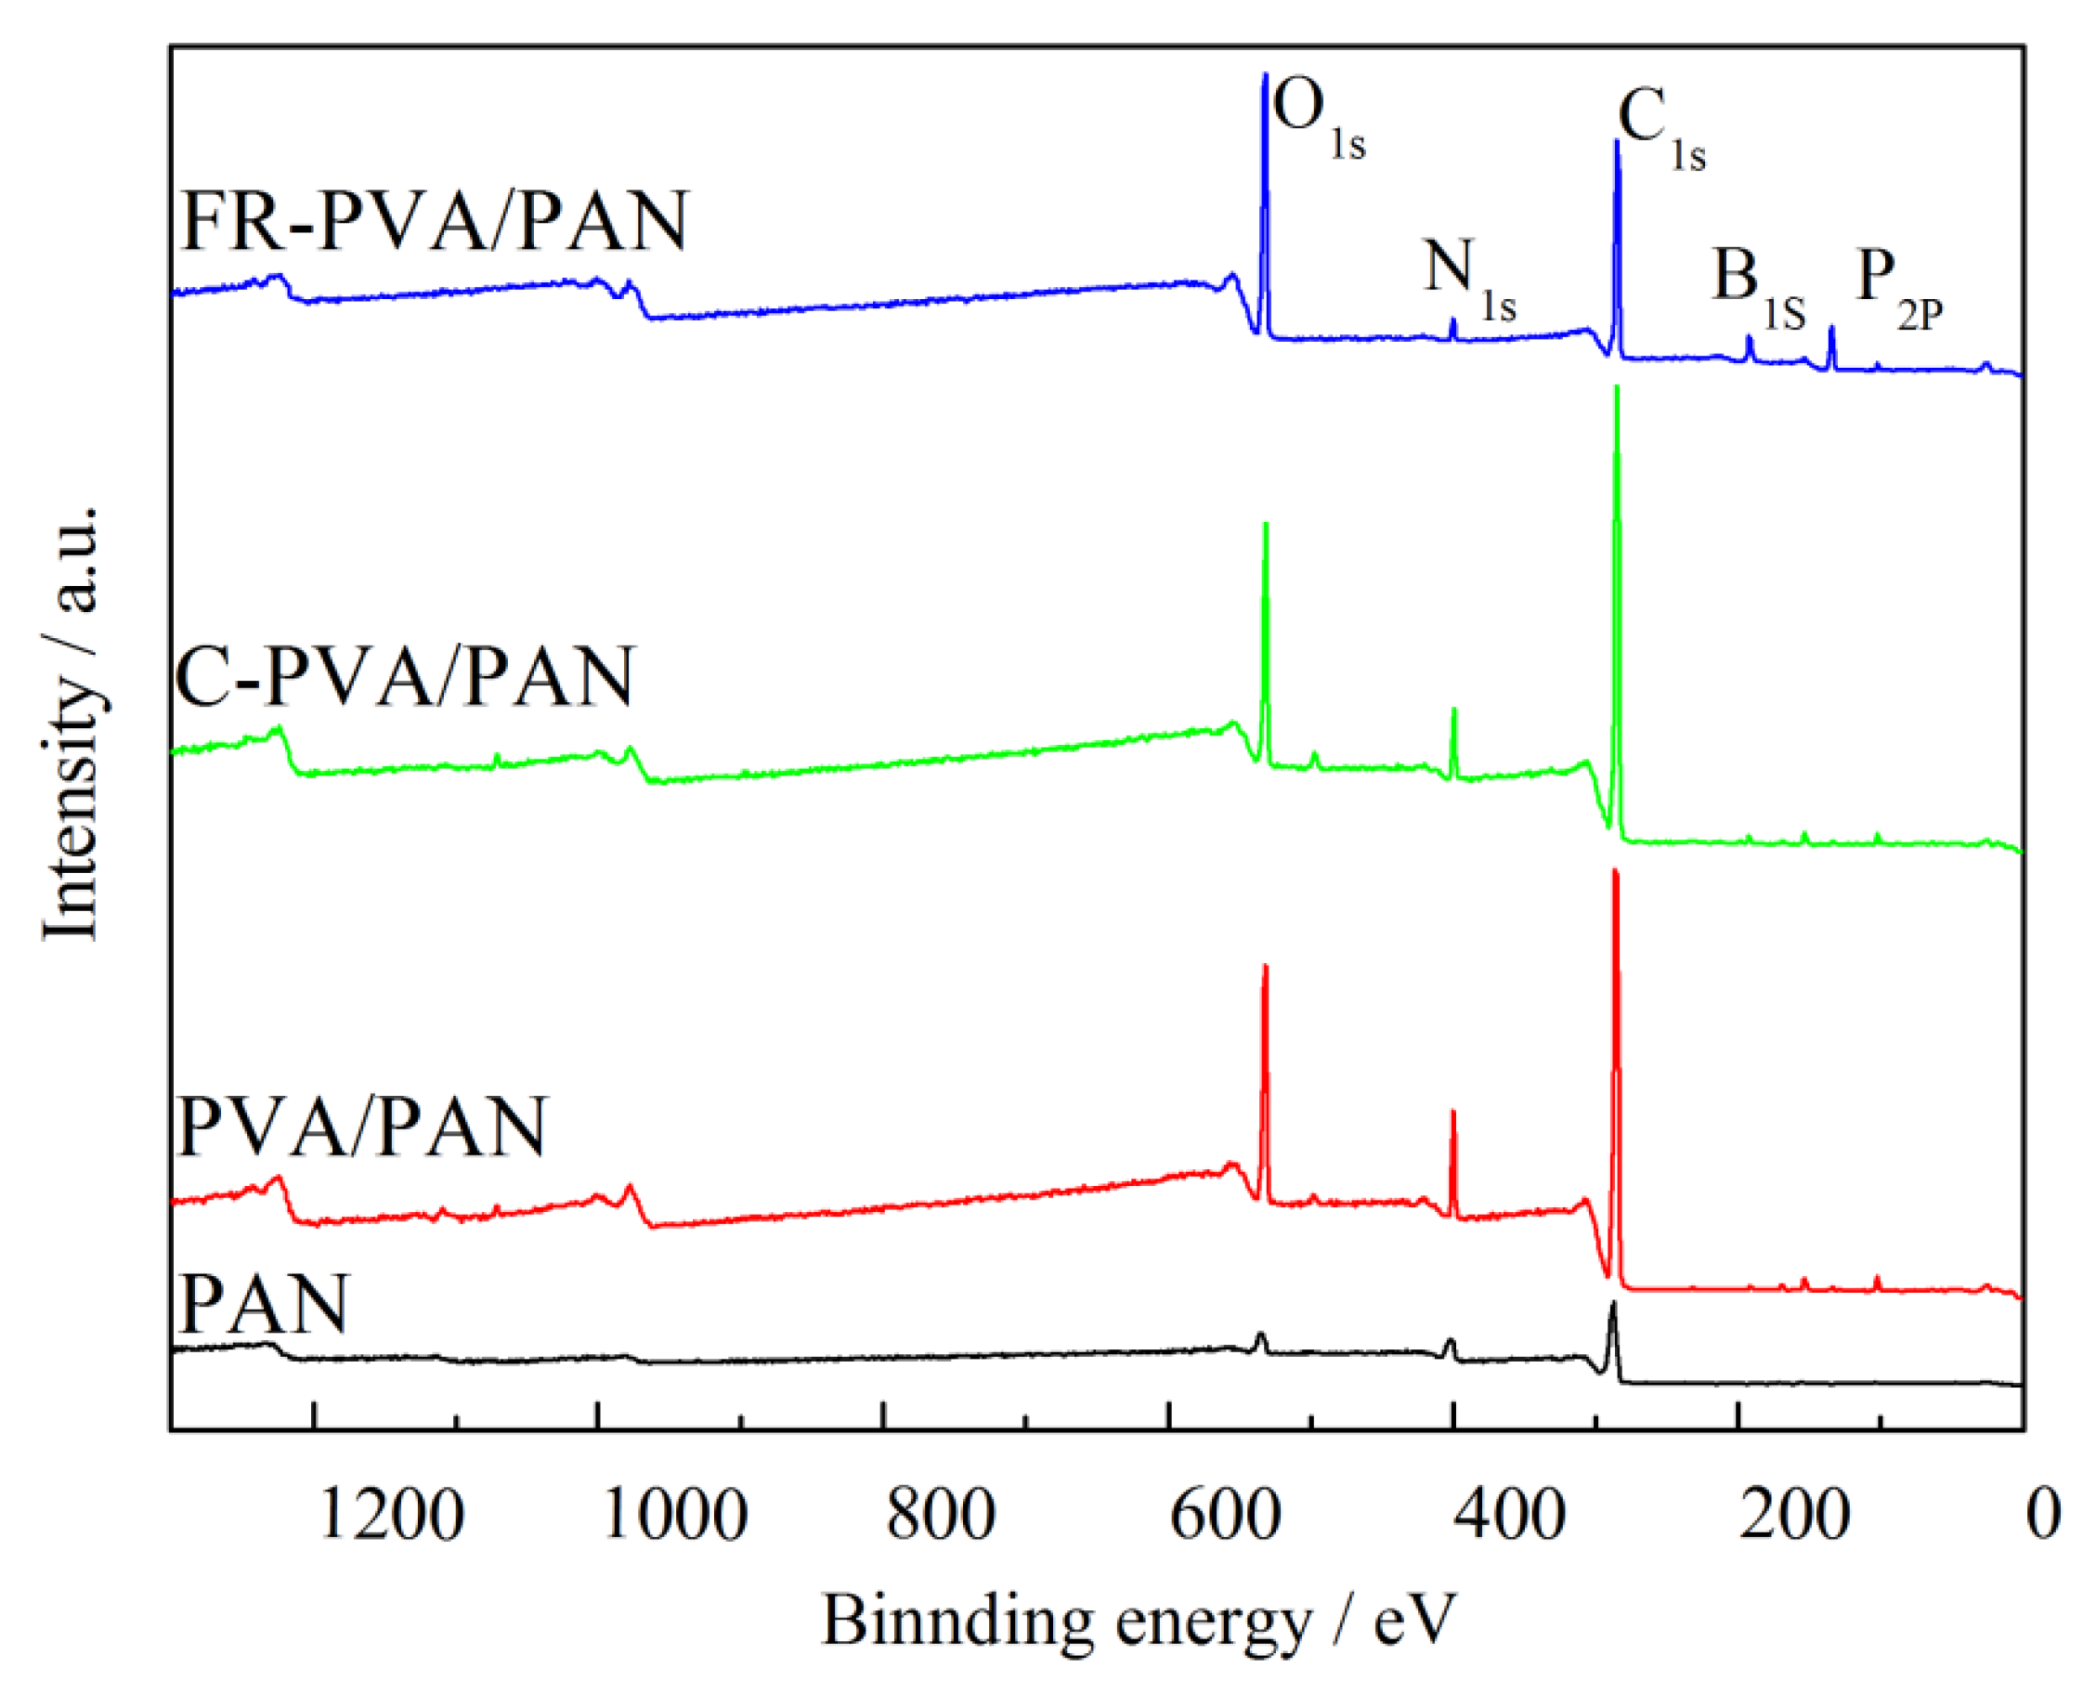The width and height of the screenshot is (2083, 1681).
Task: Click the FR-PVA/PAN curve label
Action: (435, 222)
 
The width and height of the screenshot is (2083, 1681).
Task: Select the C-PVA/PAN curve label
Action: (405, 676)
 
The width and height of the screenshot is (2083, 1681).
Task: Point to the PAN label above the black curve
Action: (264, 1305)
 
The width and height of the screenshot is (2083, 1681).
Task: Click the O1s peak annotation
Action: (1317, 116)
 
